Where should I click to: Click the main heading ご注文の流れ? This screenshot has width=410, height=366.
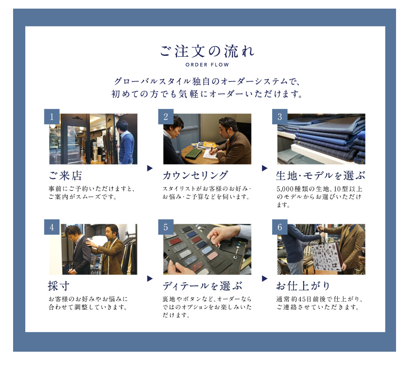coord(207,51)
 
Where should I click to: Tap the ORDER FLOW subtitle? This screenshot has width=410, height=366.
coord(207,65)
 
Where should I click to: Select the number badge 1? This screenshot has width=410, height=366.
coord(52,116)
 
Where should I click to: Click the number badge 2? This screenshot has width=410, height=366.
coord(166,116)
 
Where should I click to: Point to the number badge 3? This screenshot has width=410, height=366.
coord(280,116)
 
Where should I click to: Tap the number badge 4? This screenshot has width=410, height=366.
coord(52,227)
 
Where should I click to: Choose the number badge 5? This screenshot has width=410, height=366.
coord(166,227)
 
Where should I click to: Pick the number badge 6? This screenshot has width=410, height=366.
coord(280,227)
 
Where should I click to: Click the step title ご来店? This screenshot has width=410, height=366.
coord(65,176)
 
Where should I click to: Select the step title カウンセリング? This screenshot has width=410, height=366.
coord(195,176)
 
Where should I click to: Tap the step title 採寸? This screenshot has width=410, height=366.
coord(59,286)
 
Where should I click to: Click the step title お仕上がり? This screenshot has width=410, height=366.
coord(303,286)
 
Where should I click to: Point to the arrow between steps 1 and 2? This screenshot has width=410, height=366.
coord(150,168)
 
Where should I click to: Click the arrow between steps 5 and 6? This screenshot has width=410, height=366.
coord(265,279)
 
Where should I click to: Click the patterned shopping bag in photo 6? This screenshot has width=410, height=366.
coord(325,256)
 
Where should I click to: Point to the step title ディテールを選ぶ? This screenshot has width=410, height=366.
coord(202,286)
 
